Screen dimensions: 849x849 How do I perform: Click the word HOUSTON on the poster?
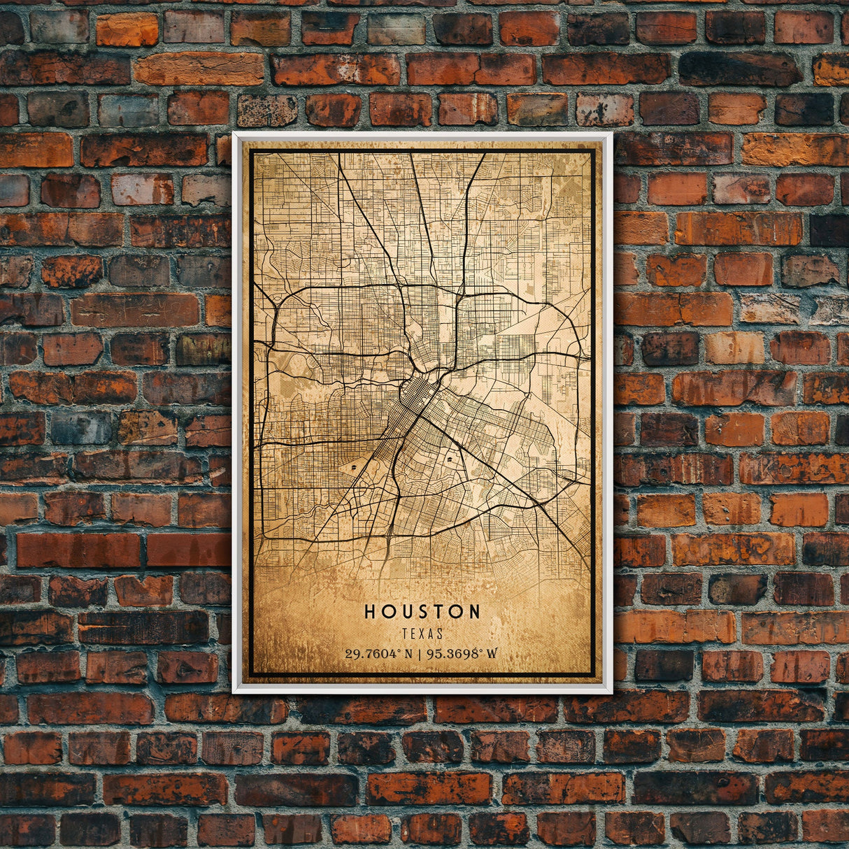[x=422, y=611]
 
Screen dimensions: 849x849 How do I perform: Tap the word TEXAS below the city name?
[x=422, y=634]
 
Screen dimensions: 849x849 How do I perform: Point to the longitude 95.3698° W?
[x=462, y=654]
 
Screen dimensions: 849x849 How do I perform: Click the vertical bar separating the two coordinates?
[x=418, y=654]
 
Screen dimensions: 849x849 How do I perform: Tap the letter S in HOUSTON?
[x=422, y=611]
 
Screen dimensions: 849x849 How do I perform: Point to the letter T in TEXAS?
[x=405, y=634]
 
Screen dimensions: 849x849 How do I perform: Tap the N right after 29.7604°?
[x=407, y=654]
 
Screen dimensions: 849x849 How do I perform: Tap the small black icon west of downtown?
[x=355, y=464]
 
